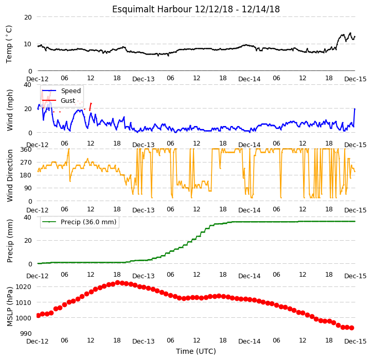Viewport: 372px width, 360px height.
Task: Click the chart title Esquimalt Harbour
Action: (152, 9)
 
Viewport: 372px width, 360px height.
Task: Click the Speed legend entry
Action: (61, 91)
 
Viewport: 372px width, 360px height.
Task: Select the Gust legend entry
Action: (59, 101)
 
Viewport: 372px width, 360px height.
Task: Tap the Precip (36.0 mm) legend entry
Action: (79, 222)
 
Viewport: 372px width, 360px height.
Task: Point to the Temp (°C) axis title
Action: (9, 44)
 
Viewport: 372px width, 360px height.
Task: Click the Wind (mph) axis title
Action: (10, 110)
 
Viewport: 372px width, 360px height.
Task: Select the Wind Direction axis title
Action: (10, 176)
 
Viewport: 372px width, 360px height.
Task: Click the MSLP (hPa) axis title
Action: (10, 307)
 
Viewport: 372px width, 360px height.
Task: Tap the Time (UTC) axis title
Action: (196, 351)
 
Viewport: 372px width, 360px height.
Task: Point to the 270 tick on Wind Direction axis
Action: (26, 163)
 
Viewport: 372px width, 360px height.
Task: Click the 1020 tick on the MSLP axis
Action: (23, 287)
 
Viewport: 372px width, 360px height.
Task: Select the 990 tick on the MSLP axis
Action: (26, 334)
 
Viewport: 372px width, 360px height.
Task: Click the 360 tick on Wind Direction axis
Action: (26, 150)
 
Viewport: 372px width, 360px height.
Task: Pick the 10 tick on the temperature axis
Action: (28, 44)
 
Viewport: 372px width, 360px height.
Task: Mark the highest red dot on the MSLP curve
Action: (117, 283)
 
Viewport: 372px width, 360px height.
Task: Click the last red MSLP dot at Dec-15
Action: (352, 328)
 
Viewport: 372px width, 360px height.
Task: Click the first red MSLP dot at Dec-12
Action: (38, 315)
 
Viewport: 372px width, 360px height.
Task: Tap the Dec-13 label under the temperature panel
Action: (144, 79)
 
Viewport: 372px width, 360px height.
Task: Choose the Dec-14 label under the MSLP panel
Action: (250, 341)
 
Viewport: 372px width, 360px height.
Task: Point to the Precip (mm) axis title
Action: (10, 241)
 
